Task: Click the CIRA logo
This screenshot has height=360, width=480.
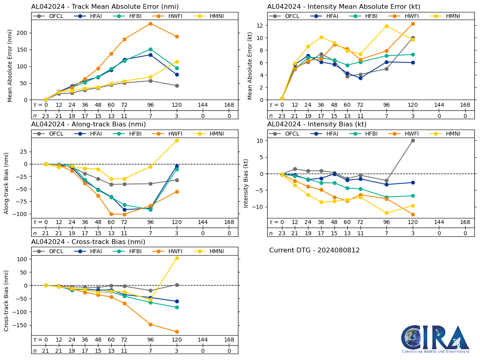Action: pos(435,339)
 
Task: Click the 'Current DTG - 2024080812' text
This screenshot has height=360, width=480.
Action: pos(314,250)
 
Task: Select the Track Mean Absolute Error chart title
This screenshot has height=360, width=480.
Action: pos(105,7)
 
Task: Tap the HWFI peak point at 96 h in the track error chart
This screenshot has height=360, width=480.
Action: pos(150,24)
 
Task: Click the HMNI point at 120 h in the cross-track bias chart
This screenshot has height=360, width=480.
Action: pos(177,258)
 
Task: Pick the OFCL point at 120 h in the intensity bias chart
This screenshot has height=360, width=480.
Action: pos(413,140)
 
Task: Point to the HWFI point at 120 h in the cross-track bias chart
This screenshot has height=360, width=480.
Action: pos(177,332)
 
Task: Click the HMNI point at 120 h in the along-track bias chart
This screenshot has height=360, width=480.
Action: pos(177,140)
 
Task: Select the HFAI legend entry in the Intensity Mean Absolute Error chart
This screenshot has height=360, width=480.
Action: pos(327,16)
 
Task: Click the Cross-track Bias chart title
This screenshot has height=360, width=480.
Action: pos(88,242)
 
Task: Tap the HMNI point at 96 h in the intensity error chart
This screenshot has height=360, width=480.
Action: pos(386,26)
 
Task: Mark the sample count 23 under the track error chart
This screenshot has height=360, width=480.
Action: pos(46,116)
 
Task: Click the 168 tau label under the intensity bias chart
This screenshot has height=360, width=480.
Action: pos(465,222)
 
